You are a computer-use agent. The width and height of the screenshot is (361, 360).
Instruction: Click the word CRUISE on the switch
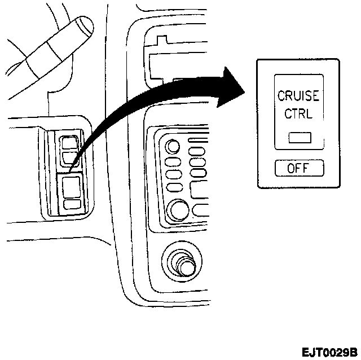298,96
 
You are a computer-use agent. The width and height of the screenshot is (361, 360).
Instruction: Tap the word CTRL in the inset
298,114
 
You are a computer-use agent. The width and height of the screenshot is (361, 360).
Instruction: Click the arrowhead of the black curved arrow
231,87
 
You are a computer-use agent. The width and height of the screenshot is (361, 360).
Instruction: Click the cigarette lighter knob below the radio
183,263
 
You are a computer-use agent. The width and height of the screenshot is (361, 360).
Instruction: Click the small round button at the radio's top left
173,148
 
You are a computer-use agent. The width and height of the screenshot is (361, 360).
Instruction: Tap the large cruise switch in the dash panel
72,186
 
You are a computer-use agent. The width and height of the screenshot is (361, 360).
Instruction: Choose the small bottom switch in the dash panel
72,205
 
